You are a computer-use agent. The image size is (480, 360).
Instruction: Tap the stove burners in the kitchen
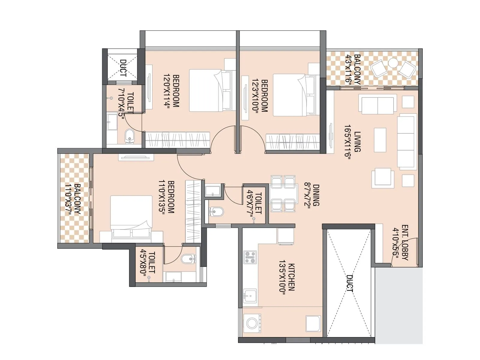[x=250, y=257]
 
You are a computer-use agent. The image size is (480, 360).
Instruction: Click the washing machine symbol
[x=251, y=323]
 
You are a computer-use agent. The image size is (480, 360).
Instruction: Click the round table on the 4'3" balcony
[x=393, y=63]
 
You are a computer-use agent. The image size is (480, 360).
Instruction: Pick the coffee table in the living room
[x=380, y=140]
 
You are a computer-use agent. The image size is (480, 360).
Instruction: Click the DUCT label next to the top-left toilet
[x=123, y=68]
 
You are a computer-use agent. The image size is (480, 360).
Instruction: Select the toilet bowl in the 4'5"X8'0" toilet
[x=188, y=259]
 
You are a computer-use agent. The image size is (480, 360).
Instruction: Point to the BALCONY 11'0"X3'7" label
[x=73, y=199]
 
